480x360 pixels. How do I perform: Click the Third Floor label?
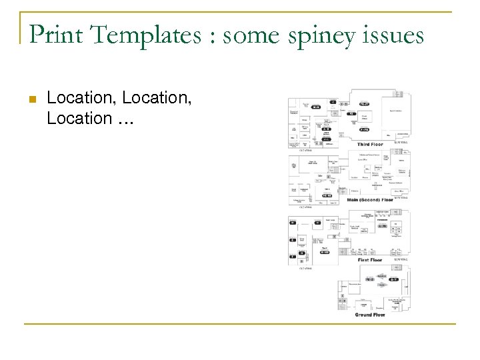[x=370, y=144]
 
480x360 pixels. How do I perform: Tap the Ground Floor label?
[x=370, y=314]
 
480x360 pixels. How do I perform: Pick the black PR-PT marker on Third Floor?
[x=364, y=104]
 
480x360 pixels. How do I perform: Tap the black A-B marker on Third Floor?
[x=326, y=128]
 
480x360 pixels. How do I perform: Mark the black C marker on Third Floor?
[x=333, y=101]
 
